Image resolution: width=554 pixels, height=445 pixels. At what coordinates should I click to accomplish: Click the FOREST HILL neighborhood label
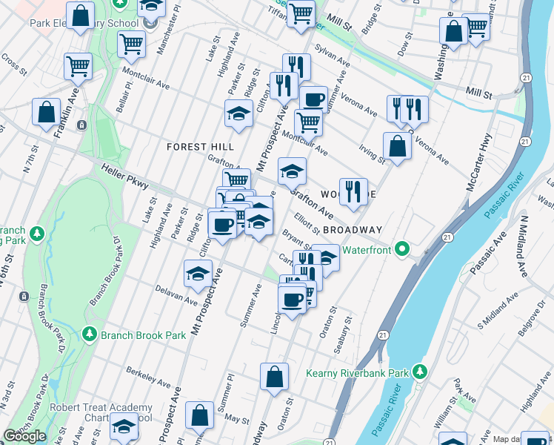pyautogui.click(x=200, y=147)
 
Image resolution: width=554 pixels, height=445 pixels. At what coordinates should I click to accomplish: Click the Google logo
pyautogui.click(x=24, y=436)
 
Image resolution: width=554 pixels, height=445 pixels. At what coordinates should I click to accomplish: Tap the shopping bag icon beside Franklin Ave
pyautogui.click(x=46, y=113)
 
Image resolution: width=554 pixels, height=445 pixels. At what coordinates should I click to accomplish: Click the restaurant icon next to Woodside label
pyautogui.click(x=353, y=191)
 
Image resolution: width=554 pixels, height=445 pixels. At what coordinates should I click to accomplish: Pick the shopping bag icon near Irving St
pyautogui.click(x=397, y=146)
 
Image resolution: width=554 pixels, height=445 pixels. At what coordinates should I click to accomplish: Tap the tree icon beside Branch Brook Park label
pyautogui.click(x=90, y=334)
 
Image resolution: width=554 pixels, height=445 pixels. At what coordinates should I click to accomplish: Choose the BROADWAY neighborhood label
pyautogui.click(x=352, y=230)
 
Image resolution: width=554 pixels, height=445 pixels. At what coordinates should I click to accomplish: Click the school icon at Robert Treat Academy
pyautogui.click(x=124, y=426)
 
